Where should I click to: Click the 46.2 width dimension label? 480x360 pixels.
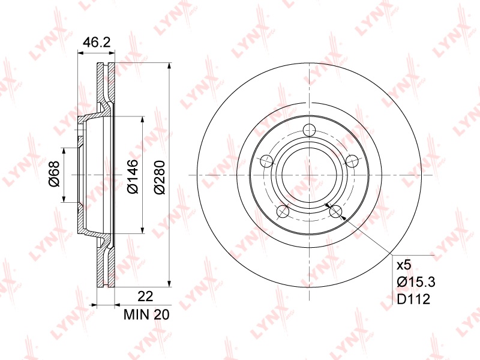coord(97,42)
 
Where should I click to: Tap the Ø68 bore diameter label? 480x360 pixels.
coord(54,174)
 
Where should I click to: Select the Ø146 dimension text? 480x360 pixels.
coord(133,176)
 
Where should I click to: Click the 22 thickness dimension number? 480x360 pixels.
coord(145,296)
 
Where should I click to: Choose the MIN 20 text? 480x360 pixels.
coord(146,314)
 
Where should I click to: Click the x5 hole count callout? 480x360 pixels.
coord(404,265)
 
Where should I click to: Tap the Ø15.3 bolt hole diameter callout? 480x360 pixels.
coord(416,282)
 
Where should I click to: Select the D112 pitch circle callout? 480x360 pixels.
coord(413,299)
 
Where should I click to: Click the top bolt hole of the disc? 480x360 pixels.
coord(309,130)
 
